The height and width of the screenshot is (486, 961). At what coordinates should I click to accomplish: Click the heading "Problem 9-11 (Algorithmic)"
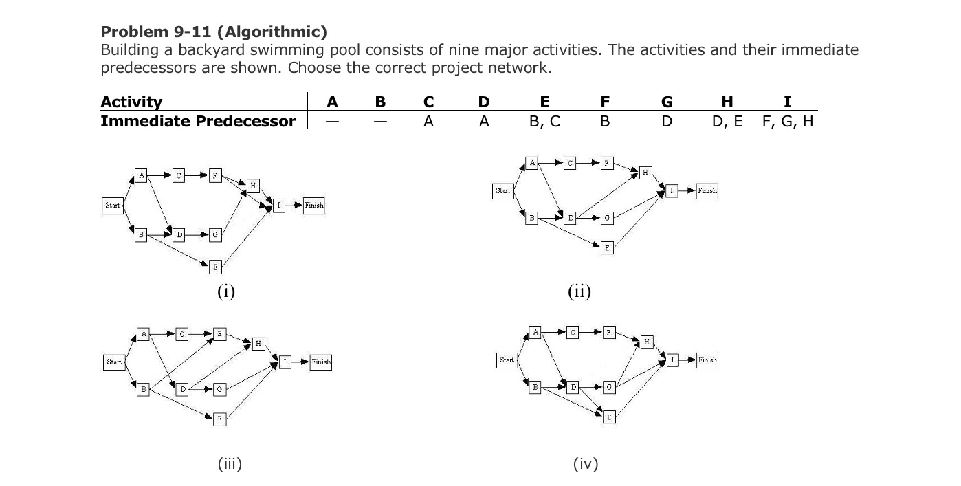[214, 32]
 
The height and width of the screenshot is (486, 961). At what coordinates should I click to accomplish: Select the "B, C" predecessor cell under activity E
[544, 122]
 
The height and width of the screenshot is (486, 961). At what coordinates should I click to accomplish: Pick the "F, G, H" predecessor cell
[787, 122]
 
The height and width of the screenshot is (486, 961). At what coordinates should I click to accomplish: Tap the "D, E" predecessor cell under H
[727, 122]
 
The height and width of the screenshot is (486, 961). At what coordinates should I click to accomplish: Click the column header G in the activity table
[666, 102]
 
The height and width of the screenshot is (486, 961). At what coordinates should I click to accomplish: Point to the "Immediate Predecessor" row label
[198, 122]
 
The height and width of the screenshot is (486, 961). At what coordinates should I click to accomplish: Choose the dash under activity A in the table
[332, 122]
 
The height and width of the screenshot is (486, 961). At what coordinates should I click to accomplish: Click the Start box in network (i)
[113, 205]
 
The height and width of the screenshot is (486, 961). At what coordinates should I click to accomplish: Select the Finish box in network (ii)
[707, 190]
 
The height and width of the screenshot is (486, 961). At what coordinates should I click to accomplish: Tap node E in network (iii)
[219, 334]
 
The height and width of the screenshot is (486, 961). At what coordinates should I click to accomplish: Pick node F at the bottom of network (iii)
[219, 418]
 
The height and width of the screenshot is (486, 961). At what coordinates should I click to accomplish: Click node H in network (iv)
[647, 342]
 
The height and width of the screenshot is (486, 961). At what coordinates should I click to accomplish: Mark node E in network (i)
[215, 267]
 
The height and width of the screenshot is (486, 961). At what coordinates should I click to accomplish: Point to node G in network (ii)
[606, 219]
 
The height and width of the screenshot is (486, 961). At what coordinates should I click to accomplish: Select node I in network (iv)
[673, 360]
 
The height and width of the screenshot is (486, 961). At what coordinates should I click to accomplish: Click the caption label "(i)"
[226, 292]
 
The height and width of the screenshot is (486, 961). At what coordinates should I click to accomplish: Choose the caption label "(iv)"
[585, 464]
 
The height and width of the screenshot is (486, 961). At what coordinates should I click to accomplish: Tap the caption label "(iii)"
[230, 464]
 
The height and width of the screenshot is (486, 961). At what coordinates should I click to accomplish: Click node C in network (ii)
[570, 163]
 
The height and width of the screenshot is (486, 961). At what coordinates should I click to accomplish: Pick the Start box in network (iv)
[507, 360]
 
